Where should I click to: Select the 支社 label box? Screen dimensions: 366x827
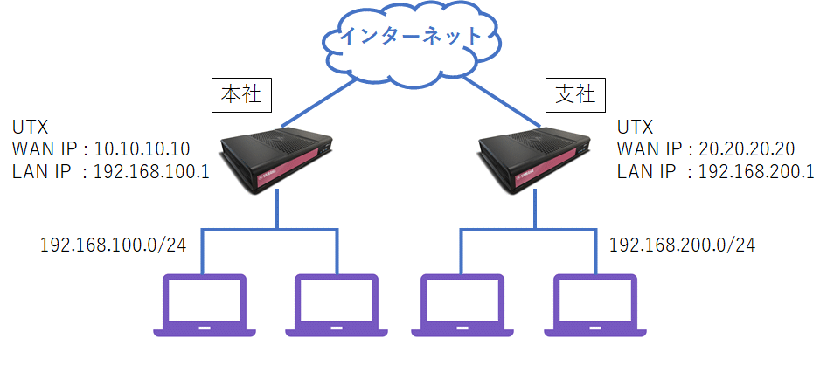coord(573,94)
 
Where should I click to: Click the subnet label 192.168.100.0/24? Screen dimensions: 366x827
coord(113,245)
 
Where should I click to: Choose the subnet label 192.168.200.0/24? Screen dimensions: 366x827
coord(682,245)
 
